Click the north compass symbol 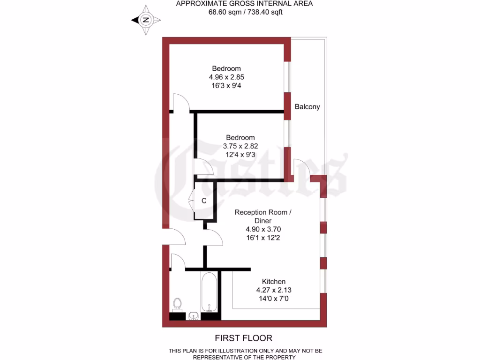146,20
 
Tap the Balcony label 307,106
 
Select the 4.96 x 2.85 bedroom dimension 226,77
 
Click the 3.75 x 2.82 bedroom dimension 240,146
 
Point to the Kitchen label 274,281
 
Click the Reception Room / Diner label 263,216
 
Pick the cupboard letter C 204,201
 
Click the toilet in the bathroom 178,304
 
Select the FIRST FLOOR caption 243,337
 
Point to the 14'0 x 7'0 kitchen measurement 274,298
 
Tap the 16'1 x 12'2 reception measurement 263,238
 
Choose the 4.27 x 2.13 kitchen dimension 274,290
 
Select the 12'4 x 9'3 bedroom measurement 240,154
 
